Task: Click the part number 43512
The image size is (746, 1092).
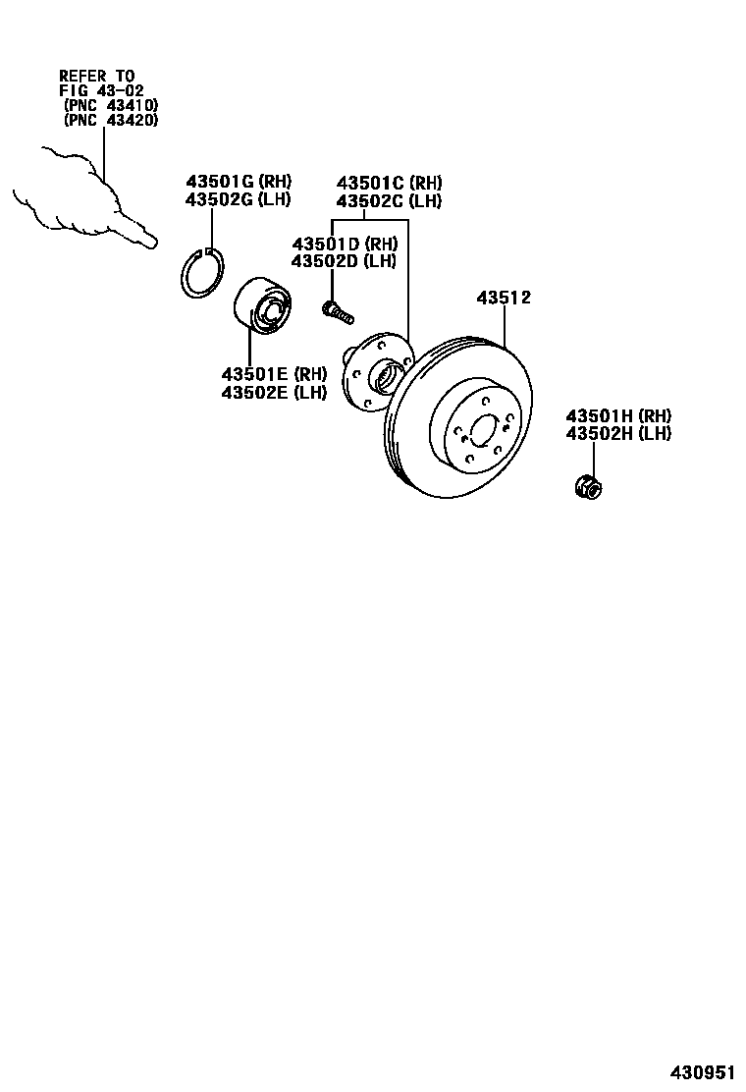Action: [x=504, y=298]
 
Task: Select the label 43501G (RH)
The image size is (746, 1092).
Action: [x=239, y=182]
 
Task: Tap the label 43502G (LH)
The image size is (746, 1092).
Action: [x=239, y=200]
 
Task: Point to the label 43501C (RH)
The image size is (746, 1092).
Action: [x=389, y=183]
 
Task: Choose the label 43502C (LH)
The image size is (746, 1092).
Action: [x=389, y=201]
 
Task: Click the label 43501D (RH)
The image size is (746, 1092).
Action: [x=344, y=244]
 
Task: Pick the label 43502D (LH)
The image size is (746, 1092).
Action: [x=344, y=261]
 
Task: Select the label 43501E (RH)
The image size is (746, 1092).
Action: [x=274, y=374]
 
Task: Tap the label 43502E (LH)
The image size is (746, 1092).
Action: [x=274, y=393]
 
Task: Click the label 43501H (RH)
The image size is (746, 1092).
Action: [x=618, y=415]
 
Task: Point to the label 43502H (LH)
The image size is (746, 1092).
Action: [x=618, y=434]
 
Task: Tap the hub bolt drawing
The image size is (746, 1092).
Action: [x=337, y=311]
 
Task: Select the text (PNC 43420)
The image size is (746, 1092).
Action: [x=109, y=120]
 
